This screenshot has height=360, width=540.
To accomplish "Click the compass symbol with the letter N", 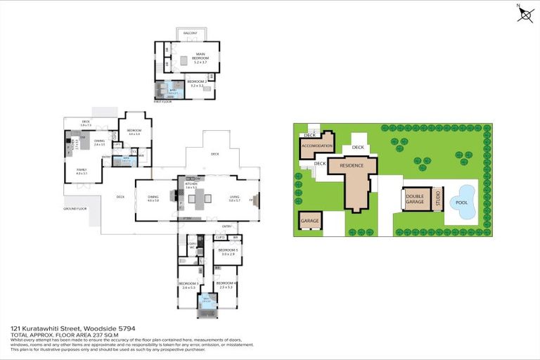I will tap(525, 13).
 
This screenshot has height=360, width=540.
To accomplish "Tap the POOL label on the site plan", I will tap(461, 202).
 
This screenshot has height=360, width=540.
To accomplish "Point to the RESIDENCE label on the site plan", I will tap(352, 165).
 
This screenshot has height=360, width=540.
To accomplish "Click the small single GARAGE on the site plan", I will tap(309, 221).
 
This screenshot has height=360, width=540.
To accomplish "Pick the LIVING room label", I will tap(234, 198).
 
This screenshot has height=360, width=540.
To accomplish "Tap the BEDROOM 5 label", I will tap(229, 250).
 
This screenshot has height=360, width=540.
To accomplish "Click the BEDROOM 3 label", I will tap(188, 285).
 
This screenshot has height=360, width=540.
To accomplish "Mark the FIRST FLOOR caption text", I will tap(162, 102).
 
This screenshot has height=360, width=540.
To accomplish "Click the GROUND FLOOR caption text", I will tap(74, 209).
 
